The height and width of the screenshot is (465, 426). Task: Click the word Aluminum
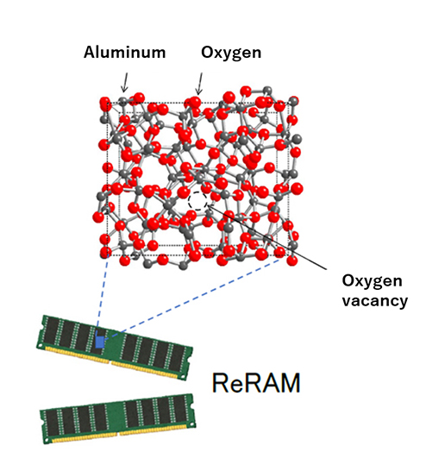[124, 53]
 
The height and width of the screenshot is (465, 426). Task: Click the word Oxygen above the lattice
[231, 53]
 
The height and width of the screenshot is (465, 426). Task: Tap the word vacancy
[375, 301]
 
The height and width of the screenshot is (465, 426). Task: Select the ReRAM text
[256, 382]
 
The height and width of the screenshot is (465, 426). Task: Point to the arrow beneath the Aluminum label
[125, 83]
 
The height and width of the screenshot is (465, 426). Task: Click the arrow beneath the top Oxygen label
[199, 84]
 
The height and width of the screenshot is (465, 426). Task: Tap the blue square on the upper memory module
[100, 341]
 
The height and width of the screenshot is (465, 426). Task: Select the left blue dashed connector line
[103, 291]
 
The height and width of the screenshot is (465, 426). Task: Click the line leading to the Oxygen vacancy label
[266, 237]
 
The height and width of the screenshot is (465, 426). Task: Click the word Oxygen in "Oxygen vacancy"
[372, 281]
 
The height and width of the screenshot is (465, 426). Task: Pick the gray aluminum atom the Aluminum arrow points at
[123, 101]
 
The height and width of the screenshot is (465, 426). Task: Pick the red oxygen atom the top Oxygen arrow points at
[194, 103]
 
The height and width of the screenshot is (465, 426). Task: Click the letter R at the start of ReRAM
[220, 382]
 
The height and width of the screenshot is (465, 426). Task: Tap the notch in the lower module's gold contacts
[119, 434]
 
